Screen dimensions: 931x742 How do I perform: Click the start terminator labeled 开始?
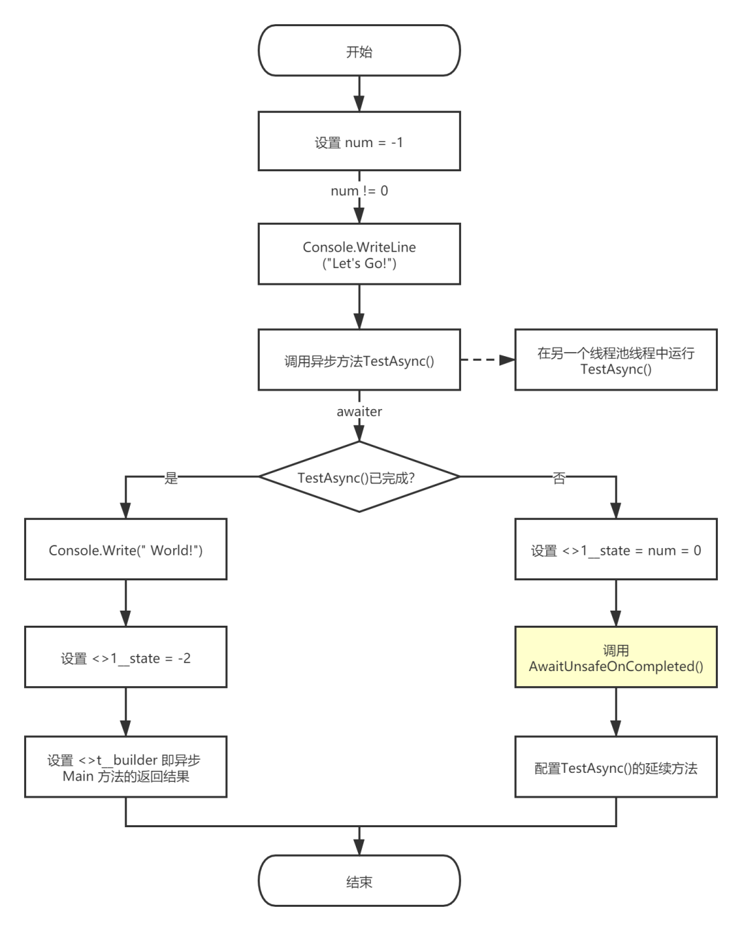[359, 52]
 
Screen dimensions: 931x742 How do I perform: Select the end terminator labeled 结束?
[359, 881]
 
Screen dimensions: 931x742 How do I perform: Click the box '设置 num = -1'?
[359, 142]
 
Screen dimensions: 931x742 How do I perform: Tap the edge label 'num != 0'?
[359, 190]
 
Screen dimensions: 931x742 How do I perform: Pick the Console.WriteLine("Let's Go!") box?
[359, 254]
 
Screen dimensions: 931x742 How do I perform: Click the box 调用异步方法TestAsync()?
[359, 361]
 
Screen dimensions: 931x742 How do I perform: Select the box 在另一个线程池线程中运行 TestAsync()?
[616, 360]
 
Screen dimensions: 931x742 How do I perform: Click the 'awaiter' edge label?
[359, 411]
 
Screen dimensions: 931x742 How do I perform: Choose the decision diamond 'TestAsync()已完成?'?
[359, 477]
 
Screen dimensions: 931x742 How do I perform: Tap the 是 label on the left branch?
[171, 477]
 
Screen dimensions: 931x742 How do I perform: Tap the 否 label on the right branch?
[559, 477]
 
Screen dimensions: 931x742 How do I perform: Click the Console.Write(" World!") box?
[126, 550]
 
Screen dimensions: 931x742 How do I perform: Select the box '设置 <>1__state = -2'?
[126, 658]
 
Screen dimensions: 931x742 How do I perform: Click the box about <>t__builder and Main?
[126, 767]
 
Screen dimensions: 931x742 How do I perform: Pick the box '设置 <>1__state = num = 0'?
[616, 550]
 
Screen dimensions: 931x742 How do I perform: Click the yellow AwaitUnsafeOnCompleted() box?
[616, 658]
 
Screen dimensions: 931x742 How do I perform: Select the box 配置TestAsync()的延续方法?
[616, 767]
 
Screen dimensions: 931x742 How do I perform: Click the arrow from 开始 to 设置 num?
[359, 94]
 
